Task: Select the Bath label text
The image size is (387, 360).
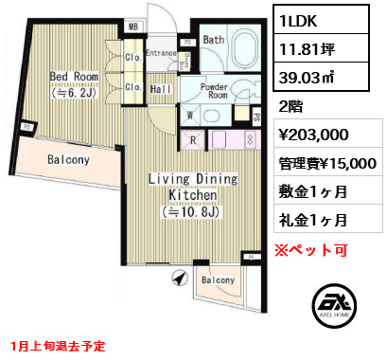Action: [x=213, y=41]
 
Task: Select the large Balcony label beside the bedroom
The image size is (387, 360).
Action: [x=67, y=160]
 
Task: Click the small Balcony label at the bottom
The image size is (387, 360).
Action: [x=219, y=280]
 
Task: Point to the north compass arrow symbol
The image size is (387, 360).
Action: [x=176, y=278]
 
